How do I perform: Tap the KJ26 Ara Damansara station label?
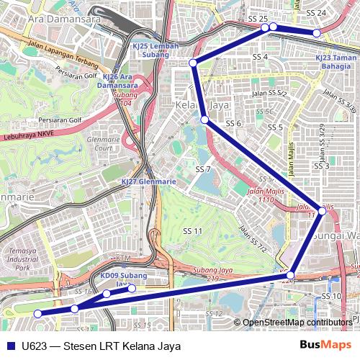click(117, 80)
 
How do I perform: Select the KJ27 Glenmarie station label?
click(148, 182)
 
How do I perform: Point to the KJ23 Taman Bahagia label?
click(336, 61)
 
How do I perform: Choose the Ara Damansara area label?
click(64, 19)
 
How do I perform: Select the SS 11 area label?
click(192, 230)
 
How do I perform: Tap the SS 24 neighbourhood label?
click(316, 13)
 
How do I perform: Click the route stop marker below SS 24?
click(316, 33)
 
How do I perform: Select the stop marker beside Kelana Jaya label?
click(205, 120)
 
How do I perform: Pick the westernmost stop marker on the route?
click(37, 313)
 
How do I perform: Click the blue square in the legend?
click(9, 346)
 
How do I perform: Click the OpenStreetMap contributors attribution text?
click(297, 323)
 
